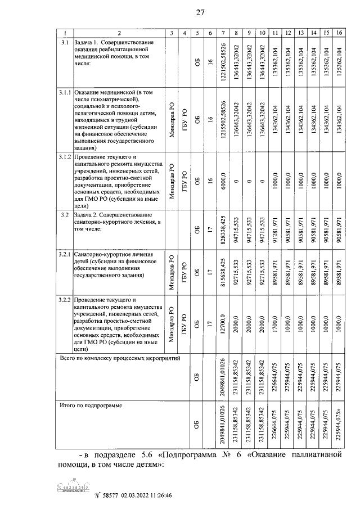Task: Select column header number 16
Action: [339, 33]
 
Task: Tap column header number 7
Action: [224, 33]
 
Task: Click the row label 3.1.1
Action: [65, 92]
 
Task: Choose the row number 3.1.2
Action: [65, 156]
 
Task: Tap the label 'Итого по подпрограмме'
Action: [91, 404]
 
